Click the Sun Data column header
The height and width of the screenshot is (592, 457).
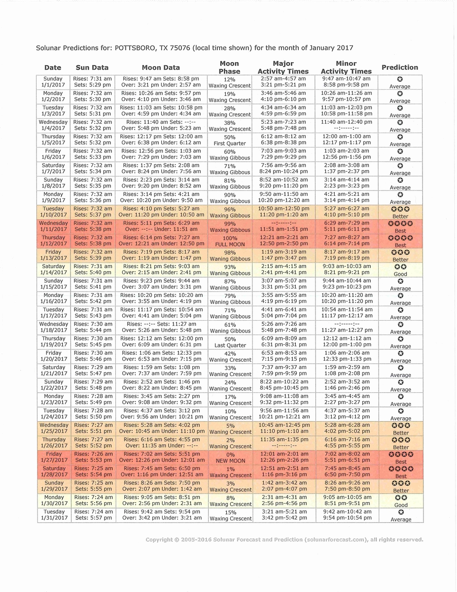[x=92, y=68]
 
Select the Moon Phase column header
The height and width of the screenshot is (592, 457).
[x=229, y=68]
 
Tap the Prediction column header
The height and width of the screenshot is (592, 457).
[x=400, y=68]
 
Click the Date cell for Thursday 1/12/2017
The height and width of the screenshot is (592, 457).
[x=53, y=241]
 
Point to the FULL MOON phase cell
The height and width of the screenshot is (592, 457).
[x=230, y=241]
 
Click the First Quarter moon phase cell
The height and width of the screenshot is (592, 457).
[x=230, y=140]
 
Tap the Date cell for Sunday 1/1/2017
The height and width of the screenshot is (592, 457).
[x=53, y=82]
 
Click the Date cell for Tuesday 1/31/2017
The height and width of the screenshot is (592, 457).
[x=54, y=515]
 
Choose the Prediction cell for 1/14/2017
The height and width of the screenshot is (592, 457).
[x=400, y=270]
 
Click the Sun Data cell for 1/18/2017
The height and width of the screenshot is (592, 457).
[x=93, y=327]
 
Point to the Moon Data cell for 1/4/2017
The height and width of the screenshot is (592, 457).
[x=161, y=125]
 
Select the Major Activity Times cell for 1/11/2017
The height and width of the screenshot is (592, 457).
[x=283, y=226]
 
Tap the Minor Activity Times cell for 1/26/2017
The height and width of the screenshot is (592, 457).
[x=347, y=443]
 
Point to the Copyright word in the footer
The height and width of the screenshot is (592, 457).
[x=159, y=540]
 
